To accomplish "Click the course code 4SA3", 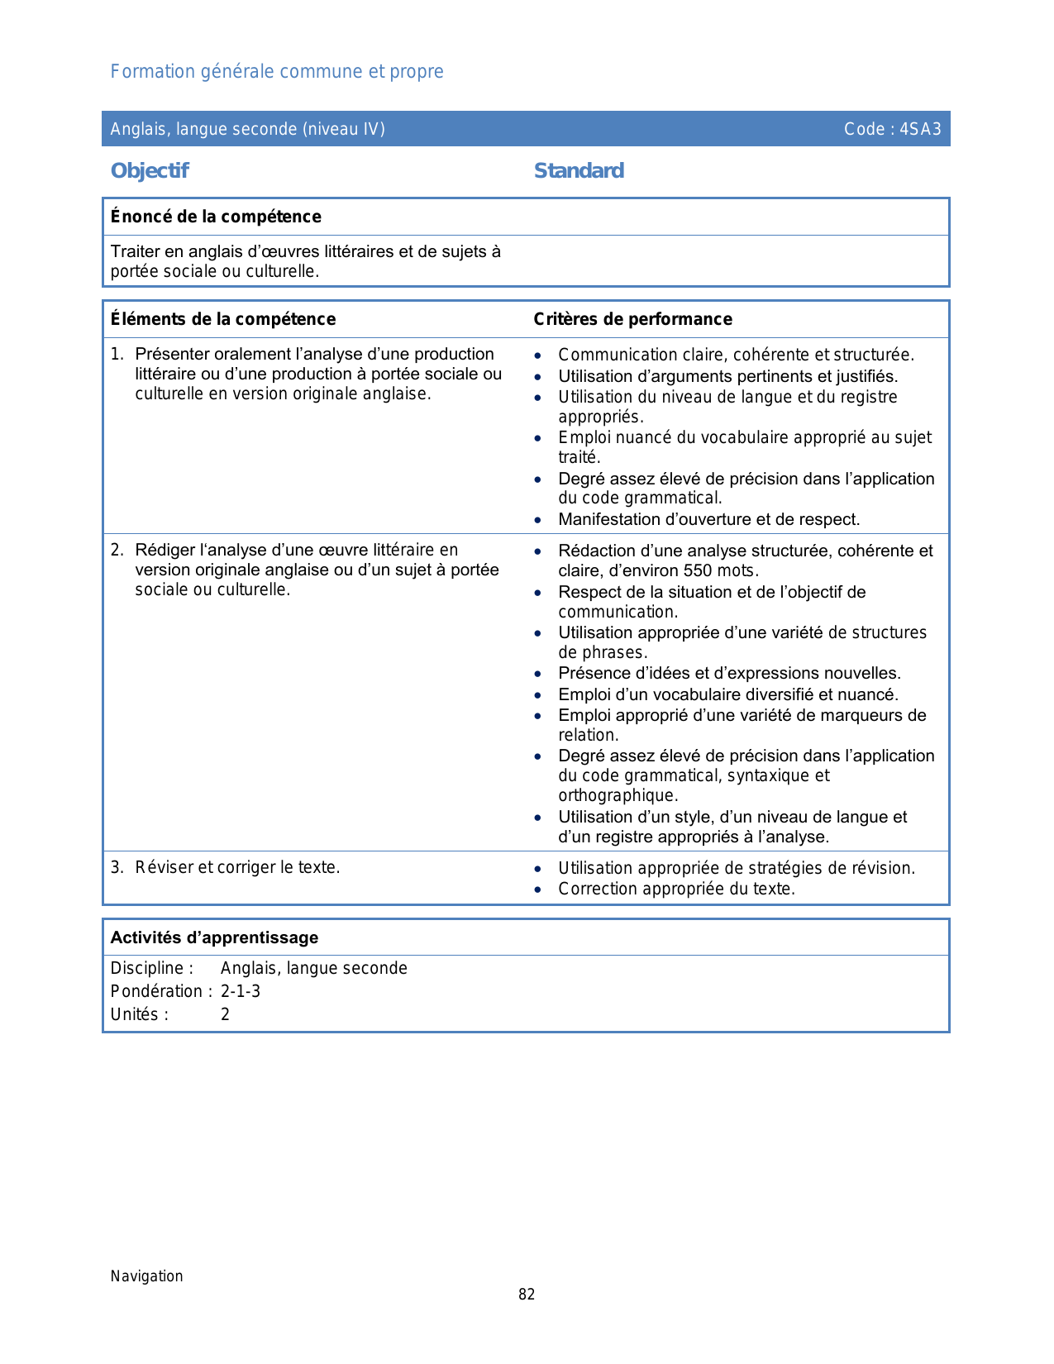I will (920, 129).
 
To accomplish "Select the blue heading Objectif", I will (150, 171).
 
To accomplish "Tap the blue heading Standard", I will (579, 171).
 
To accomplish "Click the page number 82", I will (527, 1295).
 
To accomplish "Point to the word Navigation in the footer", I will (146, 1276).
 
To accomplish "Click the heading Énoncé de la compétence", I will (216, 217).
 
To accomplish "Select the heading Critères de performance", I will (632, 319).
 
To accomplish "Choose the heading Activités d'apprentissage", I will (214, 937).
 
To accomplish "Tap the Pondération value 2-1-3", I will (241, 991).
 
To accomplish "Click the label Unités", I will (139, 1014).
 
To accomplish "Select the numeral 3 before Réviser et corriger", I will (117, 867).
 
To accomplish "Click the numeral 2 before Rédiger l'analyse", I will (117, 550).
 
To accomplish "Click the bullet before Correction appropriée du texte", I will (538, 889).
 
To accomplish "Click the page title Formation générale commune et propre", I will (277, 72).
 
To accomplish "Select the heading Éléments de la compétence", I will (223, 319).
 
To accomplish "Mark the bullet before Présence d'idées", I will (538, 674).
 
